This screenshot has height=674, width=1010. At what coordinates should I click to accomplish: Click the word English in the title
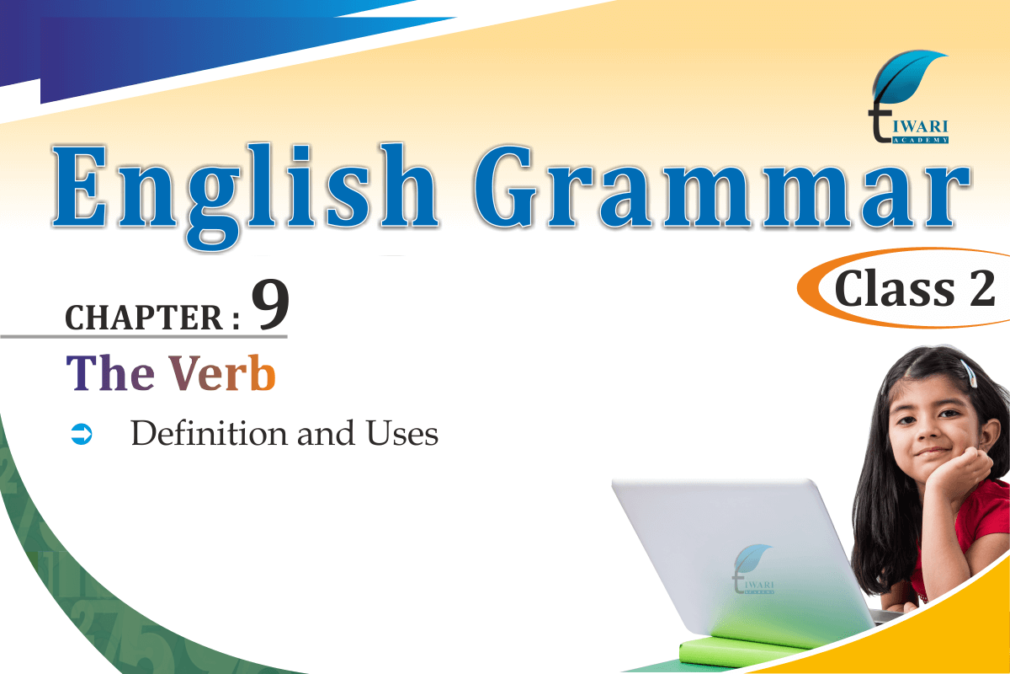coord(245,195)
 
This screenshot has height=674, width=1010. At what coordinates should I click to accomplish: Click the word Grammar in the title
coord(722,185)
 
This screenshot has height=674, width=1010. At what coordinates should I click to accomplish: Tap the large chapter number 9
coord(270,305)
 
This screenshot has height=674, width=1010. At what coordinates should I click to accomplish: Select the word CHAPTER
coord(144,318)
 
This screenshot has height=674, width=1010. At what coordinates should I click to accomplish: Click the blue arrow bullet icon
coord(82,434)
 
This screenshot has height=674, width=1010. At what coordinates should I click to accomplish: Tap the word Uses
coord(401,433)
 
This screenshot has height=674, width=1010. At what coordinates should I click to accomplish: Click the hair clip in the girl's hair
coord(968,373)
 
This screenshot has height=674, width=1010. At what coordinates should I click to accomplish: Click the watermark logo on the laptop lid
coord(752,569)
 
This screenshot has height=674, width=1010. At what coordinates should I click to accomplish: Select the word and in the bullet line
coord(326,433)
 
